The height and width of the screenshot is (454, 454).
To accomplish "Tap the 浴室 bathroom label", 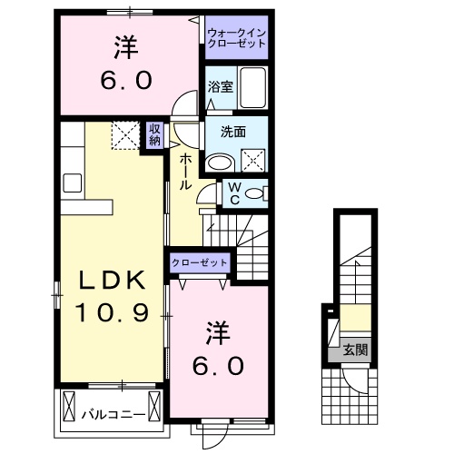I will click(x=220, y=88).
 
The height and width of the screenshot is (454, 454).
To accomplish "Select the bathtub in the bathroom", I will click(x=254, y=88).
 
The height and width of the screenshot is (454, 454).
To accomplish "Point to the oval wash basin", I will click(x=219, y=162).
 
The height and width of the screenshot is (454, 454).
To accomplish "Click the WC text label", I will click(x=233, y=192).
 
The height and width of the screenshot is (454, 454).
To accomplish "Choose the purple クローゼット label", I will click(x=200, y=262).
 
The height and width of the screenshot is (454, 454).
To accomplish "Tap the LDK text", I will click(x=98, y=280).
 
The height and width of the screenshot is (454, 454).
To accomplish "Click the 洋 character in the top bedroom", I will click(x=125, y=44).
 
